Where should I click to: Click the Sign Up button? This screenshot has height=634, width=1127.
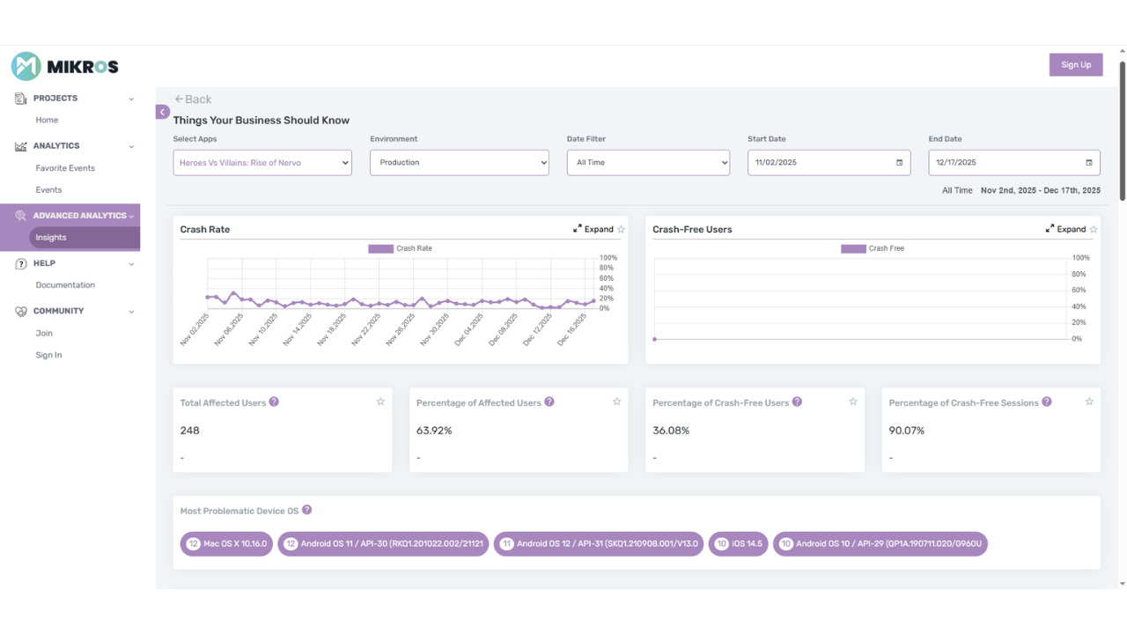(x=1075, y=64)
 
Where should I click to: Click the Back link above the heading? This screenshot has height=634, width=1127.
(x=193, y=100)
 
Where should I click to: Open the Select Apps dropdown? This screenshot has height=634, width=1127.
(x=262, y=163)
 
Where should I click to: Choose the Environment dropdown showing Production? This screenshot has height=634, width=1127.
(x=459, y=163)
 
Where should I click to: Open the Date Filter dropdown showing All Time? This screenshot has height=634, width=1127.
(x=648, y=163)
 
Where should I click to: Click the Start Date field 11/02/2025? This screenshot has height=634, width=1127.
(x=819, y=163)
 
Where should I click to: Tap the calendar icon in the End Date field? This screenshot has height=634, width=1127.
(x=1088, y=163)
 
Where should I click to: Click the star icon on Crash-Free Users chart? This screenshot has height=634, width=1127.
(x=1094, y=229)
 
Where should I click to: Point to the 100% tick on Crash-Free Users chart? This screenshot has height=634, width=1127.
(x=1080, y=258)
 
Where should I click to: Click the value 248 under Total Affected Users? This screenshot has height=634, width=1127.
(x=190, y=431)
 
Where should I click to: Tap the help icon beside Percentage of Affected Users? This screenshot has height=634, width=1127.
(x=549, y=402)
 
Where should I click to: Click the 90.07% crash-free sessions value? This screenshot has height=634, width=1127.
(x=907, y=431)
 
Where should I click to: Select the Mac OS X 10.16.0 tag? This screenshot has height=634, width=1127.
(x=226, y=543)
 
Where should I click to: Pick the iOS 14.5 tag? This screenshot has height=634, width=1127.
(x=739, y=543)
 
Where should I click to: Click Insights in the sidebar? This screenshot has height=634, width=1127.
(x=51, y=238)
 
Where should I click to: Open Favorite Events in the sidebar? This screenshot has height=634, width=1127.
(x=65, y=168)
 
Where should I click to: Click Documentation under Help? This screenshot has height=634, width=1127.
(x=65, y=285)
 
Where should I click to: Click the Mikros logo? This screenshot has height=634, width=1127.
(x=64, y=66)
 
